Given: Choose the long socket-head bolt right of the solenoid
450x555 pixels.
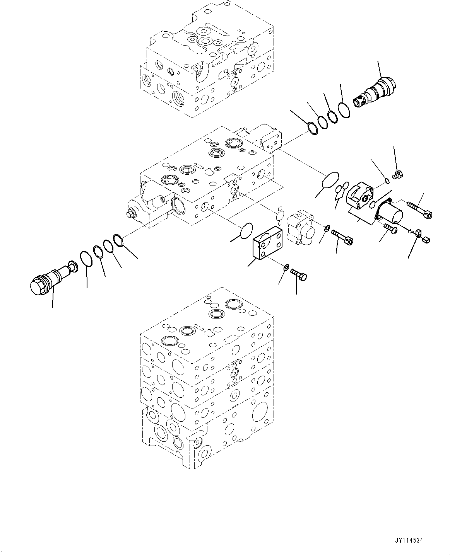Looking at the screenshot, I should (419, 209).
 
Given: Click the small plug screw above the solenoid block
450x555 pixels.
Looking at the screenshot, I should (397, 175).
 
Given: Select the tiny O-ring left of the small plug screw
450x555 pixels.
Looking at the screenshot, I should (387, 179).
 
